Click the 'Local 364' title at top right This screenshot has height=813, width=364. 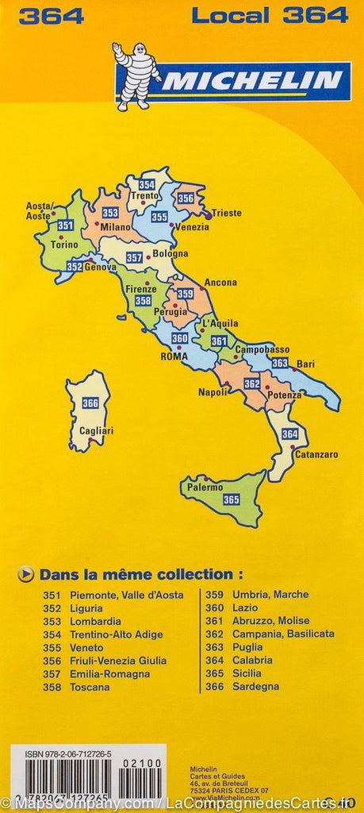click(x=270, y=14)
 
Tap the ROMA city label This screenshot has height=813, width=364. click(x=174, y=356)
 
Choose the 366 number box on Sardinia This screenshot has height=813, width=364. click(x=90, y=403)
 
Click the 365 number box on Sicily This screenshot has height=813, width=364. click(x=231, y=499)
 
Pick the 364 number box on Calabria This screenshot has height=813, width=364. click(x=290, y=434)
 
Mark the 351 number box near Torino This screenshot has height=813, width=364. click(x=65, y=225)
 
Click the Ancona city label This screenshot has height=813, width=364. click(x=220, y=282)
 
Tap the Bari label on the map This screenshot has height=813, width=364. click(x=305, y=364)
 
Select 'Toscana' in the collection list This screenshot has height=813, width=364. click(x=90, y=687)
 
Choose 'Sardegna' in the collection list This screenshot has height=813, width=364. click(x=255, y=686)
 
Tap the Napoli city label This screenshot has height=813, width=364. click(x=212, y=392)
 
